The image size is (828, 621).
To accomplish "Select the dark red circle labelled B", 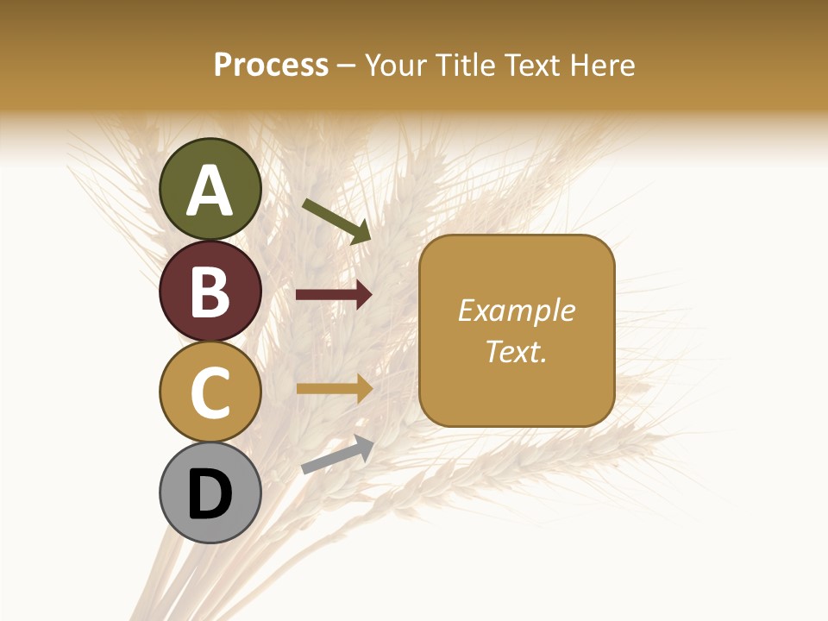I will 210,291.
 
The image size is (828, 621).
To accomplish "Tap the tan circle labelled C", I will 210,392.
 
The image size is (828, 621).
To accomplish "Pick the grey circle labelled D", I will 210,493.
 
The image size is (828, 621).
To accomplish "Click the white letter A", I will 210,191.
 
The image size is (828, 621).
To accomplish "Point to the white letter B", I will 210,292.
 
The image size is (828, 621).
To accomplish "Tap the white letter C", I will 210,392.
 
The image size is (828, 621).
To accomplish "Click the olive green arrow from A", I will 336,221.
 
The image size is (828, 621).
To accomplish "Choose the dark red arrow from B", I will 334,295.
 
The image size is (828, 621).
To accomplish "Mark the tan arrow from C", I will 334,389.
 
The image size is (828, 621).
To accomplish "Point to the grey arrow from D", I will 337,454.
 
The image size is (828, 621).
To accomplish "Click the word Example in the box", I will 517,310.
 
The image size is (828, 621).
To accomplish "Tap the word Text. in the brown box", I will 517,351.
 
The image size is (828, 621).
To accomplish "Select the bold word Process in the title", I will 271,65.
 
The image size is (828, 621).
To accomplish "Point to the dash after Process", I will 346,66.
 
